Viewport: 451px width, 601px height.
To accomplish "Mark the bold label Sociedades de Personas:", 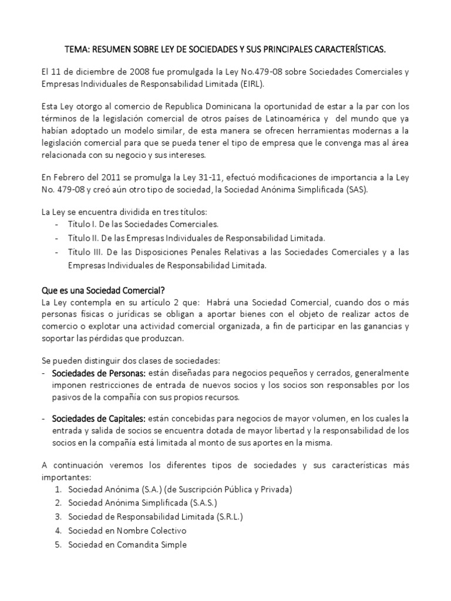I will click(x=99, y=373).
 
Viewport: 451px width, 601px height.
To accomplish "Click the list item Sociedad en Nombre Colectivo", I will click(x=127, y=531).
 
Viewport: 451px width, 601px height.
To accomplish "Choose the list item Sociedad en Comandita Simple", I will click(x=127, y=545).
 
